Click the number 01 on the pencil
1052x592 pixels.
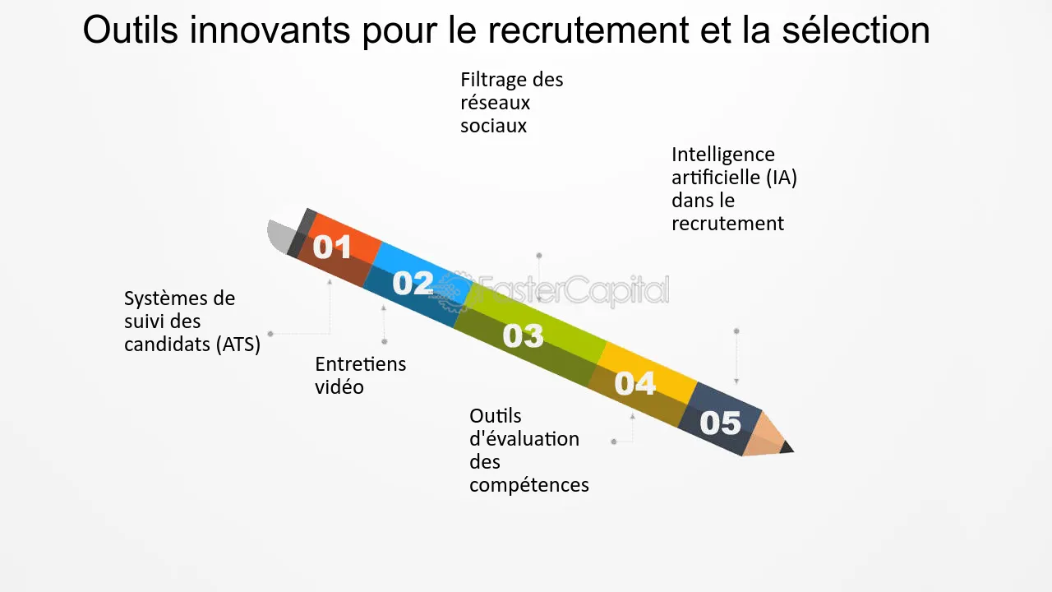tap(332, 247)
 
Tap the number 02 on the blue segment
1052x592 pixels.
tap(413, 284)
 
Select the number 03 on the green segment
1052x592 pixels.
tap(524, 335)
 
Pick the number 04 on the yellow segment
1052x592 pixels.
tap(635, 383)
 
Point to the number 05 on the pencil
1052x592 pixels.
tap(720, 423)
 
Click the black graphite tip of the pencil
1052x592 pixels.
tap(787, 447)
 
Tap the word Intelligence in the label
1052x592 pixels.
tap(723, 155)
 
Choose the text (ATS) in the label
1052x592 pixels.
tap(240, 345)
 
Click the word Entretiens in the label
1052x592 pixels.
tap(360, 364)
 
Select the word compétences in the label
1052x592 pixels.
tap(529, 485)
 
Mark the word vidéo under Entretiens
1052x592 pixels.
tap(339, 387)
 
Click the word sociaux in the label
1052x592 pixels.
tap(493, 127)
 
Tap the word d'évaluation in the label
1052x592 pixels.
tap(524, 439)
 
